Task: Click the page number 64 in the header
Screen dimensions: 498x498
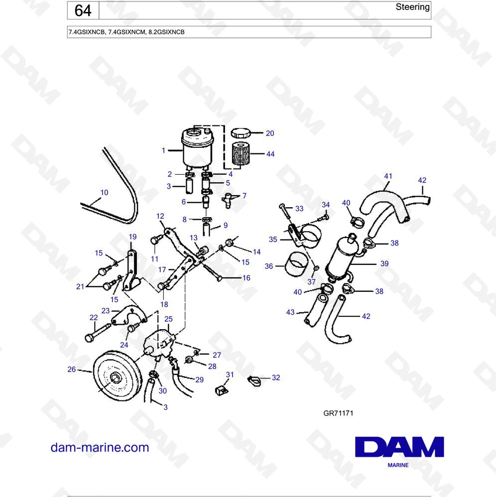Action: click(x=83, y=10)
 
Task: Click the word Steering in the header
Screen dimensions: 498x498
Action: click(x=412, y=7)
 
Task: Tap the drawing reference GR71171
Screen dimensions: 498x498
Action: click(x=338, y=413)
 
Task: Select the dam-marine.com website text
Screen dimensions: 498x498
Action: click(x=100, y=447)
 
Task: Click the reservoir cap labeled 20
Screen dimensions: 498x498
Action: click(x=241, y=133)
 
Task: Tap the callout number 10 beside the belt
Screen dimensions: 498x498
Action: click(x=104, y=192)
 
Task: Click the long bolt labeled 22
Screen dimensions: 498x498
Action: click(x=97, y=332)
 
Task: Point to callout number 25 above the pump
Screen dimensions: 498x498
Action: click(x=168, y=319)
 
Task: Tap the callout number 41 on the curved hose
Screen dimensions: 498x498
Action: click(x=388, y=176)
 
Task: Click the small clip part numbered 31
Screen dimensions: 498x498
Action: click(x=221, y=390)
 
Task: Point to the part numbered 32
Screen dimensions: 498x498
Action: click(x=255, y=381)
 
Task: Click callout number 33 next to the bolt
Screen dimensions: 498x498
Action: click(x=299, y=209)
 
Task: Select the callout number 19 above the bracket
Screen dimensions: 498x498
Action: click(x=133, y=237)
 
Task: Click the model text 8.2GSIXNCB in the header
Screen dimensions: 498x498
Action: click(x=166, y=32)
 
